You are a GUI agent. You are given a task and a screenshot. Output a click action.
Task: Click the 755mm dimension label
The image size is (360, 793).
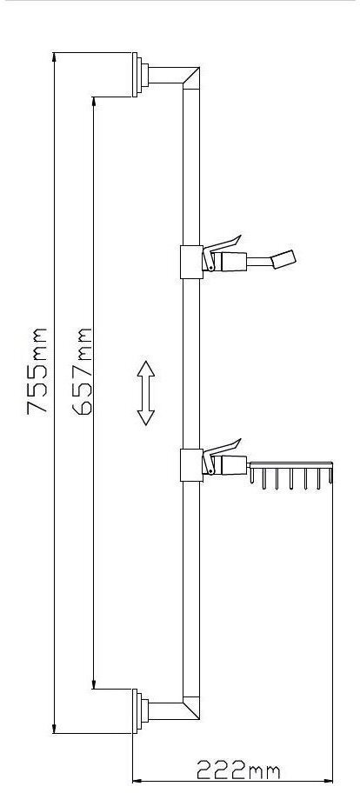tap(37, 371)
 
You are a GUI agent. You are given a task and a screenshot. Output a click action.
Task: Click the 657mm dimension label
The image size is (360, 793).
tap(82, 371)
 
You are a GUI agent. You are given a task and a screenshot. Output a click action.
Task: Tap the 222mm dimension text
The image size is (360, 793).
tap(238, 770)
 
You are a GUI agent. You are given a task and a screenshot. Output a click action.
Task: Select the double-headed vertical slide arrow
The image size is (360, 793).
tap(146, 393)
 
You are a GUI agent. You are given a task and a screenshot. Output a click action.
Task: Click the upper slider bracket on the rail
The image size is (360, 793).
tap(191, 262)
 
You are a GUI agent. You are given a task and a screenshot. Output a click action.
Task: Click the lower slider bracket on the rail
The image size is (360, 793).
tap(191, 465)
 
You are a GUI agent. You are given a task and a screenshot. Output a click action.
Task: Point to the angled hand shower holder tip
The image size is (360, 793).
tap(283, 259)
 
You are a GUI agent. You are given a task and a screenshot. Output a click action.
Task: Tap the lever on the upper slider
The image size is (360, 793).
tap(222, 245)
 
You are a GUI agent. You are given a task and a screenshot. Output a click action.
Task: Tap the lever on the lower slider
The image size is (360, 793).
tap(222, 448)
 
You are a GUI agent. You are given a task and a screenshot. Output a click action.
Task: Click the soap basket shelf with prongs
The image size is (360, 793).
tap(291, 475)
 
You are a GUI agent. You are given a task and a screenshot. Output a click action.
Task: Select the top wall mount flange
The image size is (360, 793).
tap(140, 75)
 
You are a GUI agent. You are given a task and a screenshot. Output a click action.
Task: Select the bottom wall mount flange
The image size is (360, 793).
tap(140, 711)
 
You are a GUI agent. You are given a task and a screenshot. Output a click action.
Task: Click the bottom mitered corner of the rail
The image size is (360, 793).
tap(191, 709)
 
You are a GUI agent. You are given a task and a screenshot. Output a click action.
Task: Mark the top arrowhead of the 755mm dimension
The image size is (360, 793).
tap(54, 57)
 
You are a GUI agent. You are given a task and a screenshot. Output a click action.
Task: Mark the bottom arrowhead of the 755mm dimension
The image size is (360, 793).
tap(54, 729)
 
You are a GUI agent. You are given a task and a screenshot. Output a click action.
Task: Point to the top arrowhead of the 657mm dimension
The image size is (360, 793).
tap(94, 102)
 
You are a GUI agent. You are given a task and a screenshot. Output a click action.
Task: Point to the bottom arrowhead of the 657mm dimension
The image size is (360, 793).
tap(94, 683)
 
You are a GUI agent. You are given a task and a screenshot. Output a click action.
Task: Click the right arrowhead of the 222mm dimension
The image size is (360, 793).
tap(328, 782)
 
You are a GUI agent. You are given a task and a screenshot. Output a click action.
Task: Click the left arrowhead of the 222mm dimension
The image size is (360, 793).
tap(137, 782)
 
